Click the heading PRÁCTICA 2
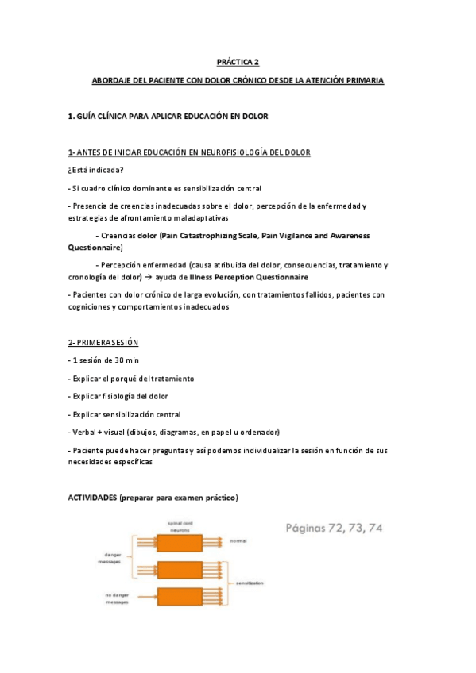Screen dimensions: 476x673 click(238, 61)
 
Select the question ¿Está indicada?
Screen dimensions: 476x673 click(95, 171)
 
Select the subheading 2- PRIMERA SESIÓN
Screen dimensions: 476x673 click(103, 342)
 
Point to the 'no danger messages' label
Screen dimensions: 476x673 click(117, 598)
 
